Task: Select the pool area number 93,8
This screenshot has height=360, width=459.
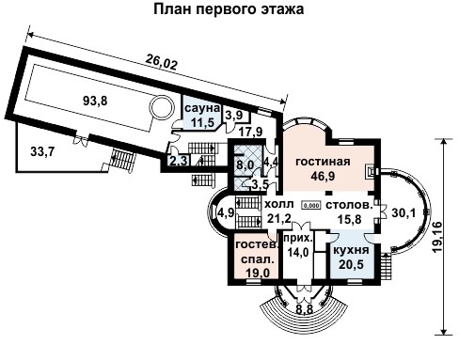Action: click(x=95, y=102)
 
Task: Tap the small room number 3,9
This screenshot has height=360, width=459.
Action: click(x=234, y=116)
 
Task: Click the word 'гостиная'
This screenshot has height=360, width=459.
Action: click(x=323, y=162)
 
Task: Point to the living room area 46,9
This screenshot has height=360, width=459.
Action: click(x=323, y=176)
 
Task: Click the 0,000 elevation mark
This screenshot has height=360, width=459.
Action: click(x=311, y=205)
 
